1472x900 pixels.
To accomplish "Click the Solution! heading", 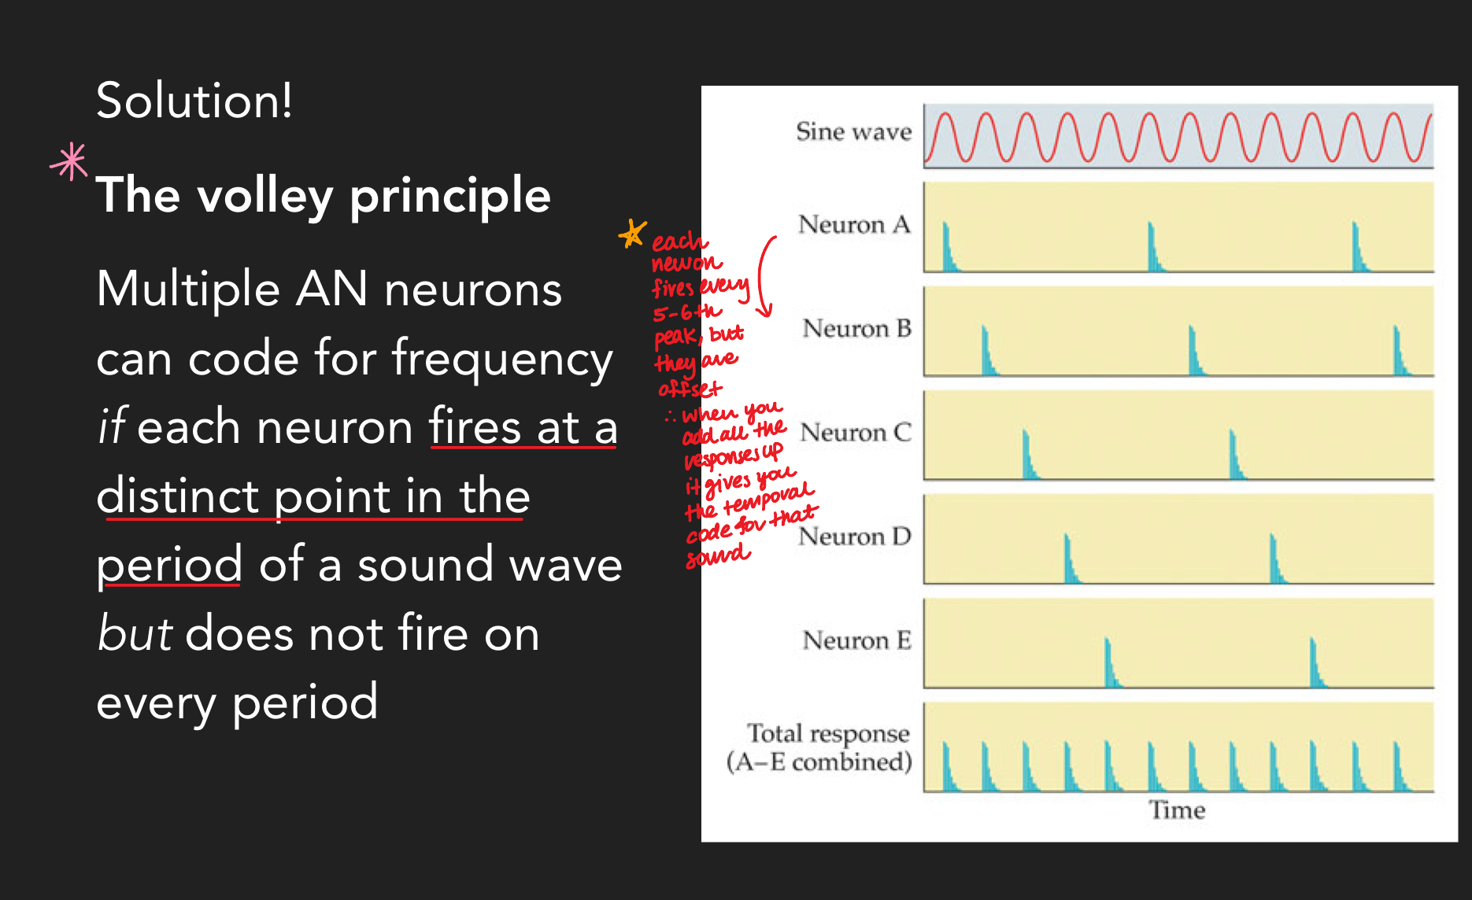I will coord(194,101).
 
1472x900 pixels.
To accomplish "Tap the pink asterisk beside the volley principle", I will coord(69,162).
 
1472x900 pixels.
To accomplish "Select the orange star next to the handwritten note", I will coord(632,234).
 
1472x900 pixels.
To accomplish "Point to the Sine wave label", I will coord(853,131).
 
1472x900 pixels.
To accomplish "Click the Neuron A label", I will coord(854,225).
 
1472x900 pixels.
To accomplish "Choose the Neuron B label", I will coord(856,328).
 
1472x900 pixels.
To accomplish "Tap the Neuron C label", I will coord(856,433).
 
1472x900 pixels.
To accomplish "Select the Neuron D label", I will coord(855,537).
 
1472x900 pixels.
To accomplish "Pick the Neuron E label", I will coord(856,640).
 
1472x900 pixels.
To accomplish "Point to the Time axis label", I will coord(1177,810).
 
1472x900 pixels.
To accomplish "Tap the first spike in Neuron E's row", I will coord(1109,666).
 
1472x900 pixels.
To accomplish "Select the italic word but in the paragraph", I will coord(134,633).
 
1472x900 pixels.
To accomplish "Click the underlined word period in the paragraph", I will coord(169,565).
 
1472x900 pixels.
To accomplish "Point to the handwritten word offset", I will coord(690,389).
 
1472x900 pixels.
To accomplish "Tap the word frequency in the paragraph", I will coord(502,359).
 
